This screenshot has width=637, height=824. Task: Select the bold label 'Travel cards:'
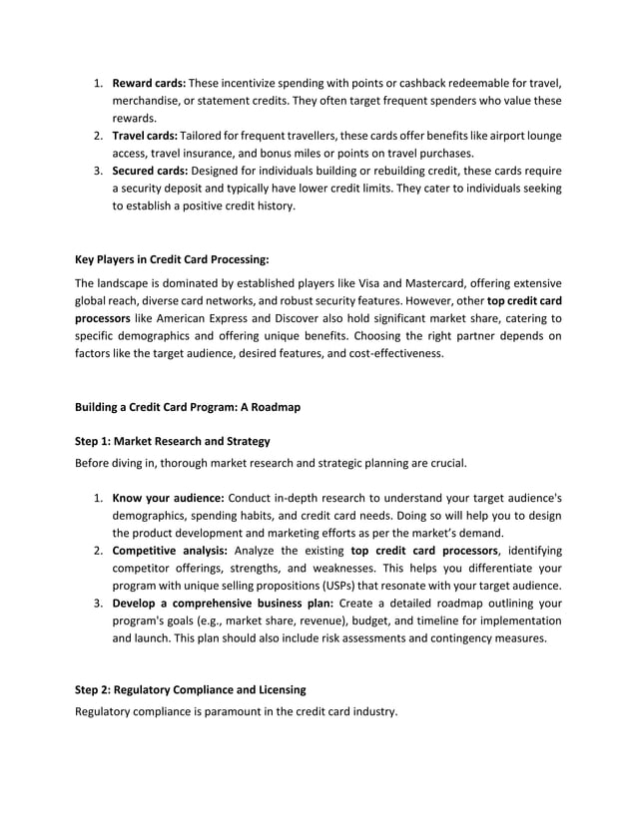click(x=144, y=136)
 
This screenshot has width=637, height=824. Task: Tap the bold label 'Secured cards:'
click(x=149, y=172)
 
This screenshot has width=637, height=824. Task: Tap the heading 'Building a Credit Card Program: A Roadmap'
click(x=188, y=407)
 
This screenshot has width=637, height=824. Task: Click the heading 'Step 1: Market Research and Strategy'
click(x=173, y=441)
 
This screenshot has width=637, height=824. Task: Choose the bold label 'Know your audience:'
click(x=168, y=498)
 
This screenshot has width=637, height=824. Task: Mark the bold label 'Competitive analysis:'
click(x=170, y=551)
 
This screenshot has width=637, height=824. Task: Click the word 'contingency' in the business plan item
click(x=446, y=640)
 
